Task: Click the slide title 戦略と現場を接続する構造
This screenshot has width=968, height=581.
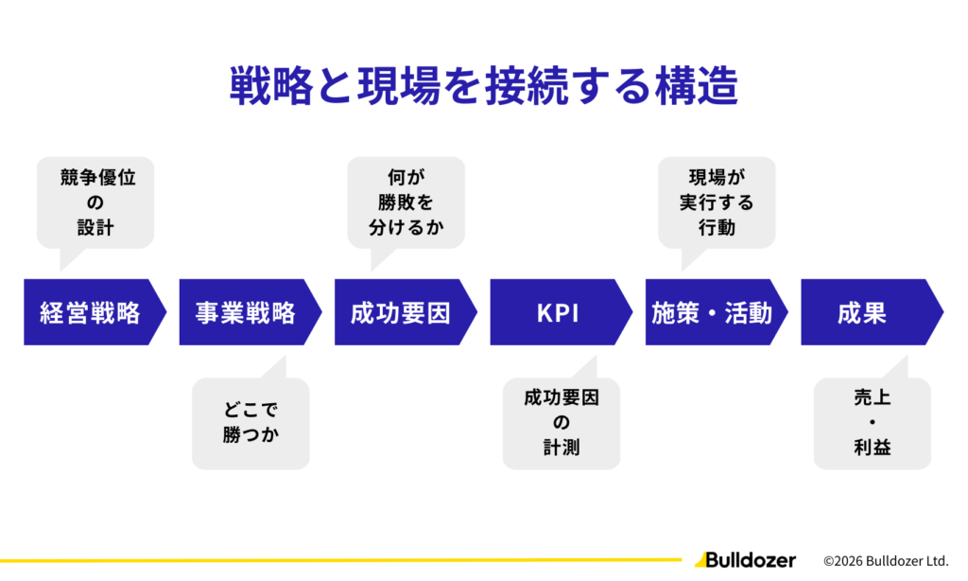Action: click(483, 88)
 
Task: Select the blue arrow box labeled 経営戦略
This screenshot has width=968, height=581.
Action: click(90, 312)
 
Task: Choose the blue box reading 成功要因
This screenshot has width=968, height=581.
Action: click(401, 312)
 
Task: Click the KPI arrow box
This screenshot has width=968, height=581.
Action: click(557, 312)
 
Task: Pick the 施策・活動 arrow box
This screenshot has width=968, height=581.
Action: click(712, 312)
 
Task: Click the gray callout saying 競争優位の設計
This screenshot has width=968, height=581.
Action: click(95, 202)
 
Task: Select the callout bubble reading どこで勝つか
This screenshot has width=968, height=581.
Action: click(251, 423)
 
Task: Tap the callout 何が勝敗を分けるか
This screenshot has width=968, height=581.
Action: click(406, 202)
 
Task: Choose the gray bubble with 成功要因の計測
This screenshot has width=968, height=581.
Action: click(562, 423)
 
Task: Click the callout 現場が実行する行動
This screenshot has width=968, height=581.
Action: click(717, 202)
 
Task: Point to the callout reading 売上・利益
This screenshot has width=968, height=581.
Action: click(872, 423)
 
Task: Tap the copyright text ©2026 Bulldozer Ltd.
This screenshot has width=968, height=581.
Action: click(886, 560)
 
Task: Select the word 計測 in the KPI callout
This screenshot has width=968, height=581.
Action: click(562, 448)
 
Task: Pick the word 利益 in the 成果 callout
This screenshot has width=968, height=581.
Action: click(872, 448)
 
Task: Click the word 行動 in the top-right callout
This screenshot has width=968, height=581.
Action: click(717, 227)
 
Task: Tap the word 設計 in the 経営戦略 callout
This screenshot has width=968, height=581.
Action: click(95, 227)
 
